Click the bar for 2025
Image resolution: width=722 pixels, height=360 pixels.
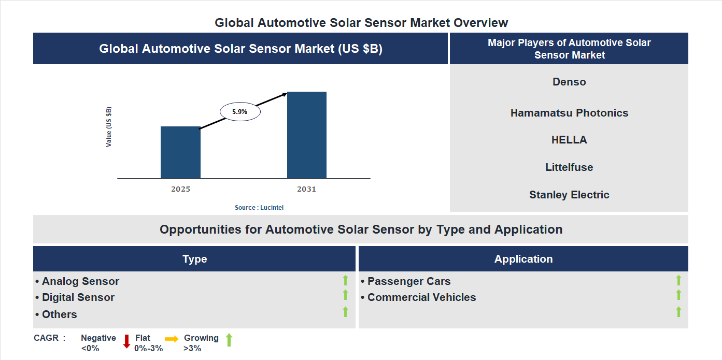[x=180, y=152]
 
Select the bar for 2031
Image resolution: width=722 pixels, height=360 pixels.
[x=307, y=135]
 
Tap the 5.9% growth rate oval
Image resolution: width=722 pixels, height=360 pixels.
[x=240, y=111]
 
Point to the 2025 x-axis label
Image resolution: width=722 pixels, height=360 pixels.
[x=180, y=189]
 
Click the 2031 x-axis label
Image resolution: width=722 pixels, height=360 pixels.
[x=306, y=189]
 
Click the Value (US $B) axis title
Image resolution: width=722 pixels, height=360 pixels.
[x=109, y=127]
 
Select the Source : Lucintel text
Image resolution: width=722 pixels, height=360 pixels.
[x=259, y=207]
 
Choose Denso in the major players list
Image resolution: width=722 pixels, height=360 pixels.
[x=569, y=82]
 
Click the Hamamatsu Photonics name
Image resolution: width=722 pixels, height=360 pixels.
[x=569, y=113]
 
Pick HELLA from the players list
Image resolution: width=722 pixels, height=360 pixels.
[x=569, y=140]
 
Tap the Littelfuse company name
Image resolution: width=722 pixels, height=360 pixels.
[x=569, y=167]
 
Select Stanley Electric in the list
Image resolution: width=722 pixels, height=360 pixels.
[x=569, y=195]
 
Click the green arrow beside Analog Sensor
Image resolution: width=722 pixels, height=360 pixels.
[x=345, y=281]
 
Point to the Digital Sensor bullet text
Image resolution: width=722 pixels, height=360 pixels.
[x=78, y=297]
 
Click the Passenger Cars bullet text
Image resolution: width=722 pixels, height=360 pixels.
[x=408, y=281]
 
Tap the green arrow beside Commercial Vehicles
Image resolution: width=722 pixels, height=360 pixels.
[x=678, y=295]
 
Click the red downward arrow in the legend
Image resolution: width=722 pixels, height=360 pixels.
[x=126, y=341]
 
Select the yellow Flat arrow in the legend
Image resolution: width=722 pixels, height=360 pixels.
[x=172, y=339]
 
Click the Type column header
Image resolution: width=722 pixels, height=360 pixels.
[x=194, y=259]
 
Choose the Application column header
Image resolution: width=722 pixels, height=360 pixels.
[x=523, y=259]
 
